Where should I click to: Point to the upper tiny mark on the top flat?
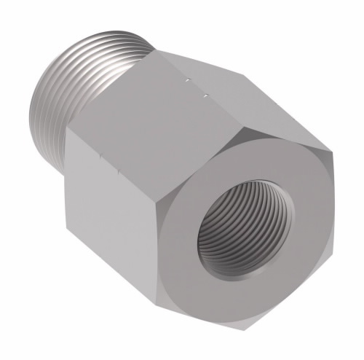tap(187, 77)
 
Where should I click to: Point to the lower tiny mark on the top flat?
tap(205, 94)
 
